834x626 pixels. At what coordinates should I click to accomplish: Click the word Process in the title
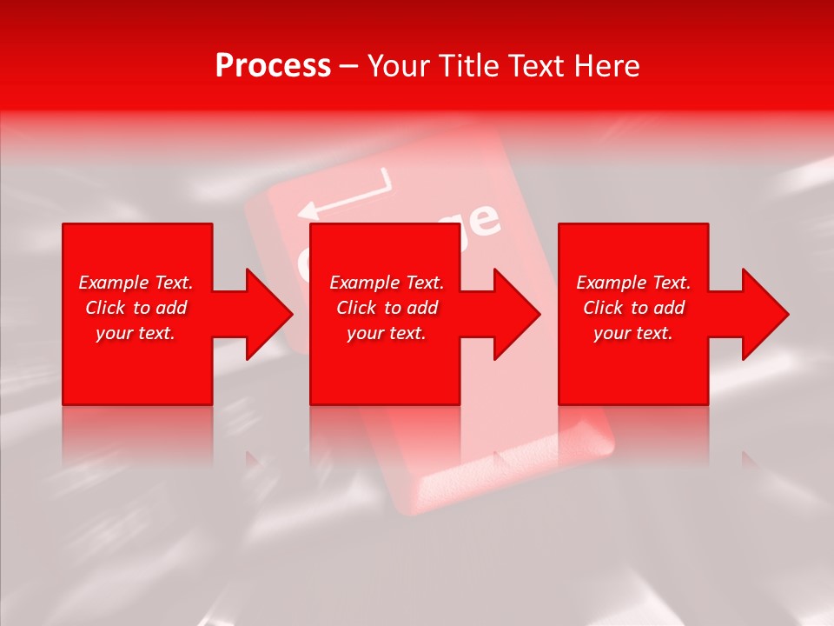click(273, 66)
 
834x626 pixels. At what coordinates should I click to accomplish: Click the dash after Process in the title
click(349, 67)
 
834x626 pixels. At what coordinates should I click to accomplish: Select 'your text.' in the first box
click(136, 333)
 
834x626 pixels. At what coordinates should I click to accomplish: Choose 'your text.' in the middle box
click(387, 333)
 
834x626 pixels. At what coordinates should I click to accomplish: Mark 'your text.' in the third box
click(633, 333)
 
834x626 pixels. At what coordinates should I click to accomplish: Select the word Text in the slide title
click(539, 66)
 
